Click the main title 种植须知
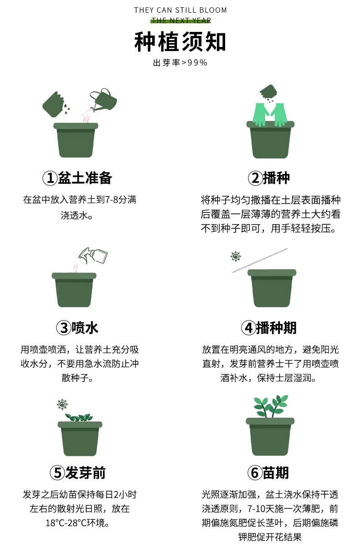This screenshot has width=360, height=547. pos(180,42)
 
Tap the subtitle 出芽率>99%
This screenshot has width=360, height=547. pos(180,63)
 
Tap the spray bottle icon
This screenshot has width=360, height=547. pos(94,255)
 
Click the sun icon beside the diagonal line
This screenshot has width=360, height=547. pos(236,256)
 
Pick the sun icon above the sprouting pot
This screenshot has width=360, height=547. pos(62,404)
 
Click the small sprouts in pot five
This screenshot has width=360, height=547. pos(79,418)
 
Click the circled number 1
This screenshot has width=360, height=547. pos(50,178)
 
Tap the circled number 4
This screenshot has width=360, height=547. pos(248,328)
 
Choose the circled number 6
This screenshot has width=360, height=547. pos(255,473)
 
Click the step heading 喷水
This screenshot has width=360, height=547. pos(85,328)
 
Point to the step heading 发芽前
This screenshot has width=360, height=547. pos(85,473)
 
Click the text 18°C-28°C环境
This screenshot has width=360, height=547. pos(77,522)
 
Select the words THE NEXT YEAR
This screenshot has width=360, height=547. pos(181,21)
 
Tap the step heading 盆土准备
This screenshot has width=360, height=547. pos(85,178)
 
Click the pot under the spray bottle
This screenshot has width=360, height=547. pos(74,289)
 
